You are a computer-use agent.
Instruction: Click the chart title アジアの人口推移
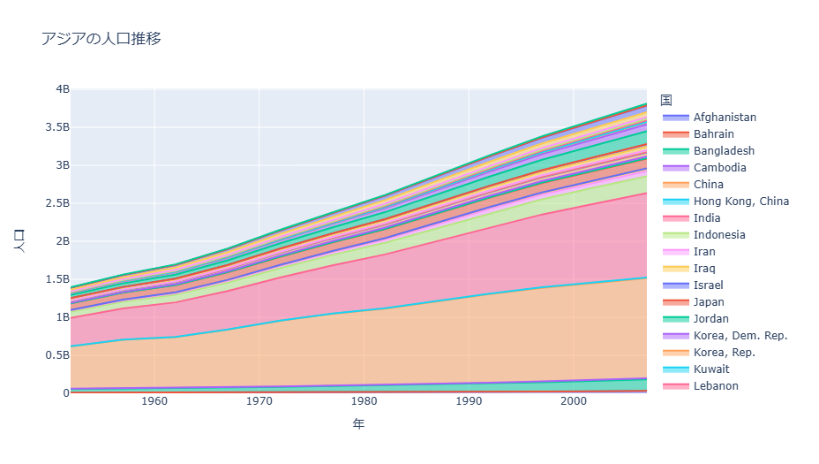point(101,38)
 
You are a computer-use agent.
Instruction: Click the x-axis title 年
point(357,423)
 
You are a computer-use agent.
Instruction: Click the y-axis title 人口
point(20,241)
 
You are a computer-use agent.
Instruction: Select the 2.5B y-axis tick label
point(54,203)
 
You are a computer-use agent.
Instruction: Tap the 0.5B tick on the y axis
point(54,355)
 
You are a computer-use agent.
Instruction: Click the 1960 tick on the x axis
point(154,402)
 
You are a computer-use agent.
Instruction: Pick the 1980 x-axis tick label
point(364,402)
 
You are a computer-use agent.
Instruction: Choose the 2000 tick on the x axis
point(574,402)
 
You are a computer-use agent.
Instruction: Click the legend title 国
point(666,99)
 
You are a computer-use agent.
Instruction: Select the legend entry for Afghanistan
point(725,118)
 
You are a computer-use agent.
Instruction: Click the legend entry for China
point(708,185)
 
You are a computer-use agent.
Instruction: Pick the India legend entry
point(706,218)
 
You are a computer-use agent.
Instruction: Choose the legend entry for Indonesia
point(719,235)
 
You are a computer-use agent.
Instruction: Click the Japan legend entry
point(709,302)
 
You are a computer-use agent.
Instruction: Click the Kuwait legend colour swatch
point(674,369)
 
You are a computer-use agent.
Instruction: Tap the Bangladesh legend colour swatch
point(674,151)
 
